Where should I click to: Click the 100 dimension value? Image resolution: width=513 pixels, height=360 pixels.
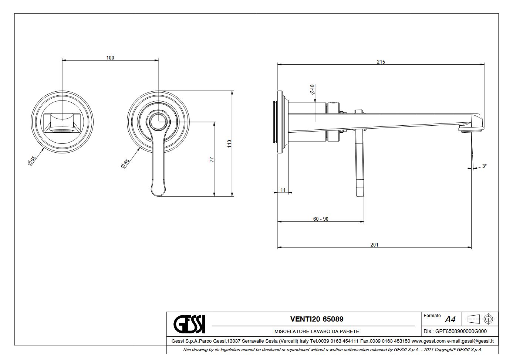(x=110, y=58)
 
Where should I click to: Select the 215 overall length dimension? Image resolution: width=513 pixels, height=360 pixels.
(x=381, y=62)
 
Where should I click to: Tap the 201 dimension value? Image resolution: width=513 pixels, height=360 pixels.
(x=374, y=245)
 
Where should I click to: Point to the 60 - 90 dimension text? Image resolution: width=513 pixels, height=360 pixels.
(x=321, y=219)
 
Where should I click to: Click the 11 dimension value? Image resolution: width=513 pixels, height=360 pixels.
(x=283, y=190)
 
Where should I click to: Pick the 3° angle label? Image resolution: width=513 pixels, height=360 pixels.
(x=485, y=166)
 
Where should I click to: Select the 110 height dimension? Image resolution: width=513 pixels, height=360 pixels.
(x=229, y=144)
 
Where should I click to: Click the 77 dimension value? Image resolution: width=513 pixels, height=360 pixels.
(x=212, y=159)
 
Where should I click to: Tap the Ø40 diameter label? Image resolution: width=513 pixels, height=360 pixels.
(x=313, y=89)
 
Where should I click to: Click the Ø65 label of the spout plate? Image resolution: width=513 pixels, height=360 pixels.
(x=31, y=161)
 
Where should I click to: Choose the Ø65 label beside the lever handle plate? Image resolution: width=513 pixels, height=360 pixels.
(x=125, y=163)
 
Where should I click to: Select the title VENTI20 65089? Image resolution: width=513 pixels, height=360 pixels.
(x=317, y=319)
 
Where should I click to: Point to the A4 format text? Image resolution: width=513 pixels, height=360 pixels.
(x=450, y=319)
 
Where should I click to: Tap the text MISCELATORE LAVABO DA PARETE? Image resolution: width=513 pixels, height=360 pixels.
(x=317, y=331)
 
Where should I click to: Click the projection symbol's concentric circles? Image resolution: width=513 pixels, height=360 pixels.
(x=488, y=319)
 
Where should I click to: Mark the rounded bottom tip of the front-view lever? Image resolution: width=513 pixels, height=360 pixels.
(x=158, y=196)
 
